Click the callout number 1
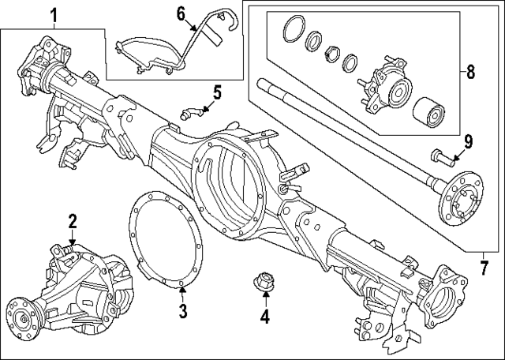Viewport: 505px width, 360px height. (54, 14)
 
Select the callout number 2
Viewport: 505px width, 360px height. (72, 222)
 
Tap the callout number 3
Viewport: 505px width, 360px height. (182, 311)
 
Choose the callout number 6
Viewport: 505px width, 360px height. (180, 13)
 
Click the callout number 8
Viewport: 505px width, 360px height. (470, 73)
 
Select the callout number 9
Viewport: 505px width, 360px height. (468, 142)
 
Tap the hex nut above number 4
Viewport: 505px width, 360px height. (265, 280)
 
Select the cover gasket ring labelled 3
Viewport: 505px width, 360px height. (157, 237)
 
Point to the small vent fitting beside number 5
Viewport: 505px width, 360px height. (190, 111)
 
